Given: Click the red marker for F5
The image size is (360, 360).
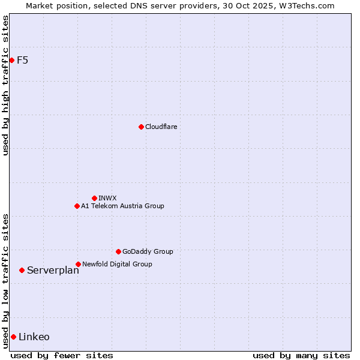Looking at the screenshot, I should point(11,60).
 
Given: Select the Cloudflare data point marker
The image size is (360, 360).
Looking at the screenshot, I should point(141,127).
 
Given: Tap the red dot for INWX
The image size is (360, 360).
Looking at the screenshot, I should point(94,198).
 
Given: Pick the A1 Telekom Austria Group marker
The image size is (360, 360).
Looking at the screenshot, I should point(77,206).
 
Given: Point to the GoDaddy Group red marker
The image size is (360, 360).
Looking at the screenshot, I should point(118,251).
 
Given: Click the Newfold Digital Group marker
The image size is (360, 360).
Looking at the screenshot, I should point(78,264).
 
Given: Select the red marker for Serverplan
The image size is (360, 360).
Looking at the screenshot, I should point(22,270).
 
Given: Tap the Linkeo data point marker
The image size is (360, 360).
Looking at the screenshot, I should point(13,337).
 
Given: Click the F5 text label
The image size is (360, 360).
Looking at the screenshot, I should point(22,60).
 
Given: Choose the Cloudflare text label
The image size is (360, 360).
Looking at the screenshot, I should point(161,127).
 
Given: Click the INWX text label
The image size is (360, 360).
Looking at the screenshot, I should point(107,198).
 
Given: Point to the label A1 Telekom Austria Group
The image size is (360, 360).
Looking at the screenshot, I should point(122,206).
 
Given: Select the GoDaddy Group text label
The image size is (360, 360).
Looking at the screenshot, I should point(148,251).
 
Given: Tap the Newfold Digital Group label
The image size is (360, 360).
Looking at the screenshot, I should point(117,264).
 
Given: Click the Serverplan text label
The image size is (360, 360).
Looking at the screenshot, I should point(53,271).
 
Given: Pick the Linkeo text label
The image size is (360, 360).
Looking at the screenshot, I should point(34,337).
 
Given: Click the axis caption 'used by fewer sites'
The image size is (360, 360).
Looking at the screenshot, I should point(62,355).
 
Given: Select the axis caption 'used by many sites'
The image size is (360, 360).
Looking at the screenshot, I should point(301,355).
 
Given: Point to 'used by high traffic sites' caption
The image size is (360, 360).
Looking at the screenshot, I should point(5,85).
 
